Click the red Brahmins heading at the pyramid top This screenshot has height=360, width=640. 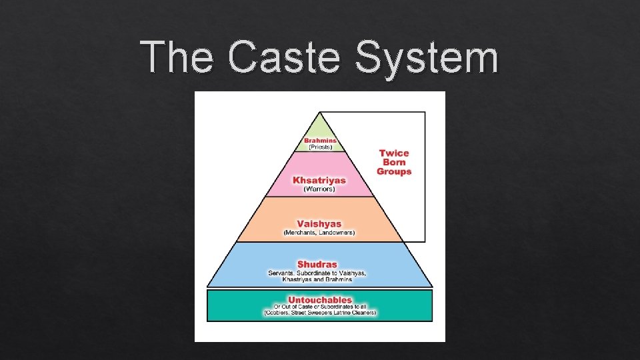[321, 140]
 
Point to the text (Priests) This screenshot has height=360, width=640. [321, 147]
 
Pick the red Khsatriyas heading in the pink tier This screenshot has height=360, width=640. [319, 180]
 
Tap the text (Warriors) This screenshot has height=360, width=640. [319, 189]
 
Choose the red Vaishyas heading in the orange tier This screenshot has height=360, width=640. [319, 224]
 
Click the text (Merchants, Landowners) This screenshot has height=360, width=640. [319, 233]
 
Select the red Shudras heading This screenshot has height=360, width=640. [317, 264]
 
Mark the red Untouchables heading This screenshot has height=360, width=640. [320, 300]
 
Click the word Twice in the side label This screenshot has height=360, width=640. [394, 153]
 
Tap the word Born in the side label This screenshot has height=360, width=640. [394, 162]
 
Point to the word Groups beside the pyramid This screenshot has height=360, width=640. [394, 171]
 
